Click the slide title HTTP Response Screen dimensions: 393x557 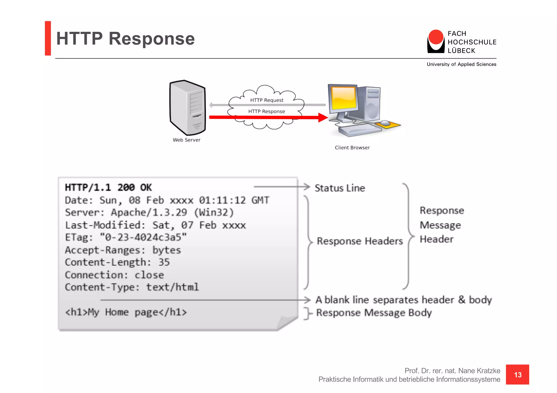[125, 39]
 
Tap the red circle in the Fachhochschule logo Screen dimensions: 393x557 [436, 37]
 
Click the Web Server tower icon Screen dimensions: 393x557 [187, 108]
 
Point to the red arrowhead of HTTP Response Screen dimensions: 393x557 [323, 117]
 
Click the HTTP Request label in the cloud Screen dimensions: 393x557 [267, 100]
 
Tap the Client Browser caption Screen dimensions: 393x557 [352, 147]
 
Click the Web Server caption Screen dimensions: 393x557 [186, 140]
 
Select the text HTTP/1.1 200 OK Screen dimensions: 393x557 [108, 187]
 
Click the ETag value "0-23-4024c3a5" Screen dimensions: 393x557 [143, 237]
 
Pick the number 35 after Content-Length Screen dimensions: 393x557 [164, 262]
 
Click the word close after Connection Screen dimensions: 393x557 [149, 275]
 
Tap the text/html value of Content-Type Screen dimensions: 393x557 [172, 287]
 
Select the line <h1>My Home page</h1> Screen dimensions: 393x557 [126, 312]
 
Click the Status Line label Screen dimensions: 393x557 [340, 188]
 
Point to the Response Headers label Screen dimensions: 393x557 [360, 241]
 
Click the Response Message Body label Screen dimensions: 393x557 [374, 313]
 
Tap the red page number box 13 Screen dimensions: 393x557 [517, 375]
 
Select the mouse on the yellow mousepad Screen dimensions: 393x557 [385, 123]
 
